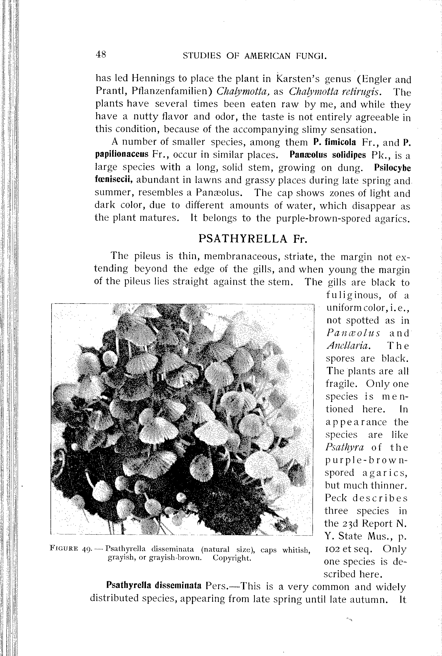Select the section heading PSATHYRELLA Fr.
253,239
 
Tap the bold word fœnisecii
114,180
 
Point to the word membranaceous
241,257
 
